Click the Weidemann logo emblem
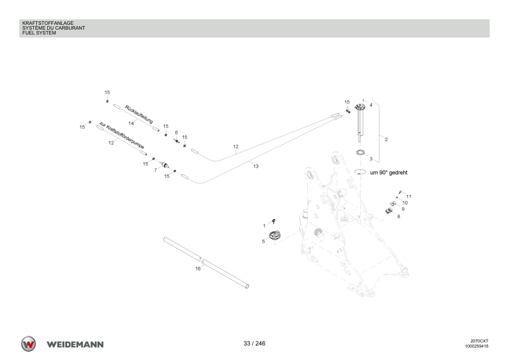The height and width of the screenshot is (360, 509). [x=28, y=344]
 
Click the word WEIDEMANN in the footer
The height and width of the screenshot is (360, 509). [x=75, y=344]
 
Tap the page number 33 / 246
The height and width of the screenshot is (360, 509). [x=254, y=344]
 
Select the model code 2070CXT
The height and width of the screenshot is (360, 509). [x=479, y=341]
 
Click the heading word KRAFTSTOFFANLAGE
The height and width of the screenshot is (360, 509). [x=48, y=23]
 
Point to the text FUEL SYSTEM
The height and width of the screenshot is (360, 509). [x=39, y=33]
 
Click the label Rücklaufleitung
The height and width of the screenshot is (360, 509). [x=139, y=114]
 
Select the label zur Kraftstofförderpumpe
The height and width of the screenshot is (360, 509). [x=122, y=136]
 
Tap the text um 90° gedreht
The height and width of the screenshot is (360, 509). [x=389, y=172]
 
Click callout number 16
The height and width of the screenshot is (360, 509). [x=198, y=269]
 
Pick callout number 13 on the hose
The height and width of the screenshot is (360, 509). [x=256, y=166]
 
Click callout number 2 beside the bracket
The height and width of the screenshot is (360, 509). [x=386, y=140]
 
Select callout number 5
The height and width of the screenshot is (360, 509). [x=263, y=241]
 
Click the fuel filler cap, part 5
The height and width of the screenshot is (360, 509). [x=274, y=235]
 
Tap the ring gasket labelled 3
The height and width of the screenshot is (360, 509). [x=360, y=152]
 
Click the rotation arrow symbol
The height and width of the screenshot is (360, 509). [x=360, y=172]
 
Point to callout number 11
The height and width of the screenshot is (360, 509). [x=409, y=197]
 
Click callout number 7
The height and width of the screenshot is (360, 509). [x=155, y=170]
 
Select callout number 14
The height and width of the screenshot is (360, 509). [x=131, y=123]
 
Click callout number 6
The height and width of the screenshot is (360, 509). [x=177, y=133]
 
